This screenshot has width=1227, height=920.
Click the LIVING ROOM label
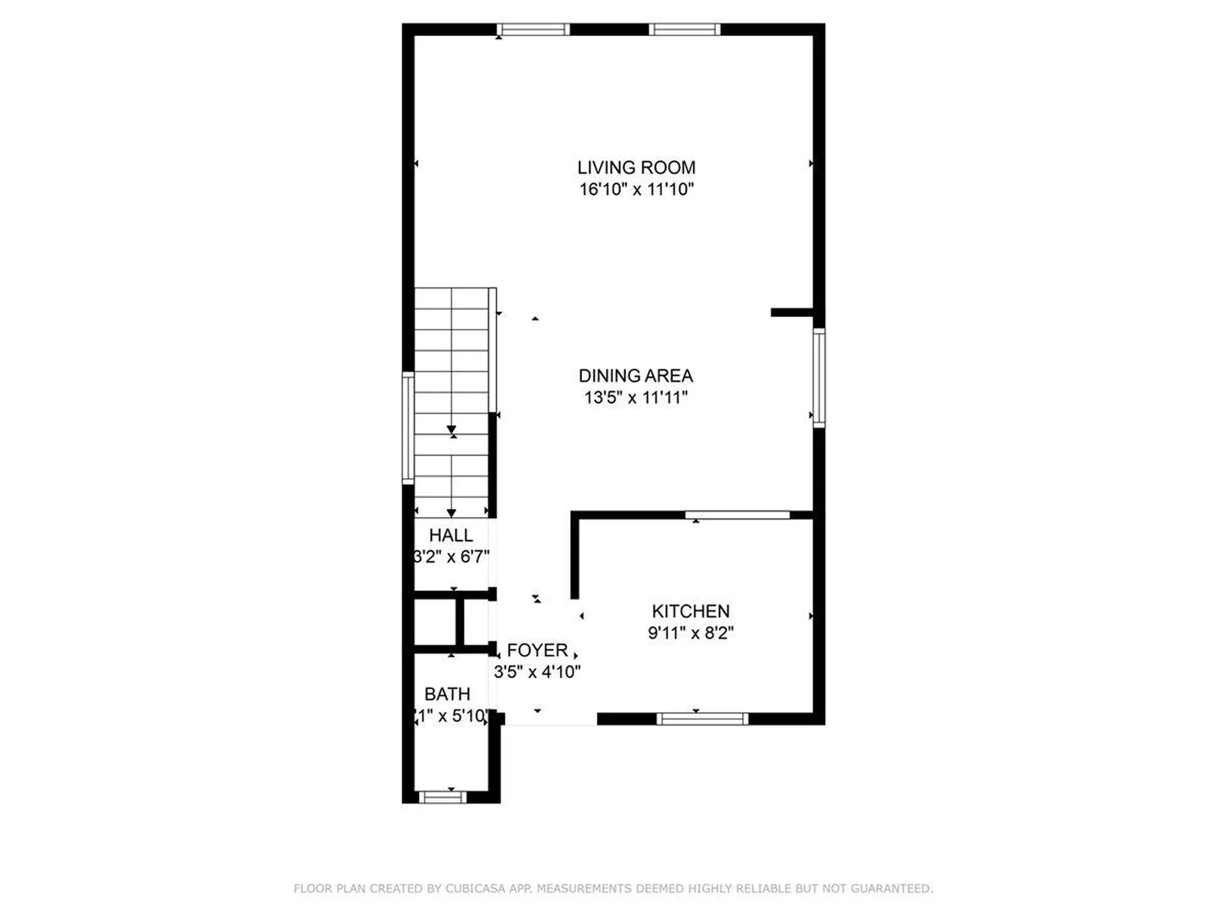coord(636,167)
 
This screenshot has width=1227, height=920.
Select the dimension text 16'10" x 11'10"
coord(636,189)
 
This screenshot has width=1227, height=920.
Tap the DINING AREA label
coord(636,376)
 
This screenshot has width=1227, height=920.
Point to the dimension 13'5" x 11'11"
coord(636,397)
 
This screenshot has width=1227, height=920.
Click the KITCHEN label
coord(690,611)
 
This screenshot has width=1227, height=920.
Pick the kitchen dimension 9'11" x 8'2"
coord(690,633)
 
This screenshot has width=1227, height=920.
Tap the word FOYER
coord(537,650)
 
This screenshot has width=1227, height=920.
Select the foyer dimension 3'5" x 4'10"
coord(537,672)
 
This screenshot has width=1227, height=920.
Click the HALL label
coord(451,535)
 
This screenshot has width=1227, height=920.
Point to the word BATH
coord(447,694)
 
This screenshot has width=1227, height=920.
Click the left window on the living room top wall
coord(533,29)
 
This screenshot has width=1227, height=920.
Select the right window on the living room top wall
coord(684,29)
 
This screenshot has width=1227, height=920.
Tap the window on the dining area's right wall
coord(819,377)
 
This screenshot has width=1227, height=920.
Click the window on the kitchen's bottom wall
coord(702,719)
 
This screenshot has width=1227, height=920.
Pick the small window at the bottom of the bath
coord(442,797)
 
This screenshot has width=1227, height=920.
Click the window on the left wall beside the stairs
coord(408,428)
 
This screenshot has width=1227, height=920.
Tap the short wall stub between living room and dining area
coord(792,312)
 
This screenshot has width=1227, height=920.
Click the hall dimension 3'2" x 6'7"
coord(452,557)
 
